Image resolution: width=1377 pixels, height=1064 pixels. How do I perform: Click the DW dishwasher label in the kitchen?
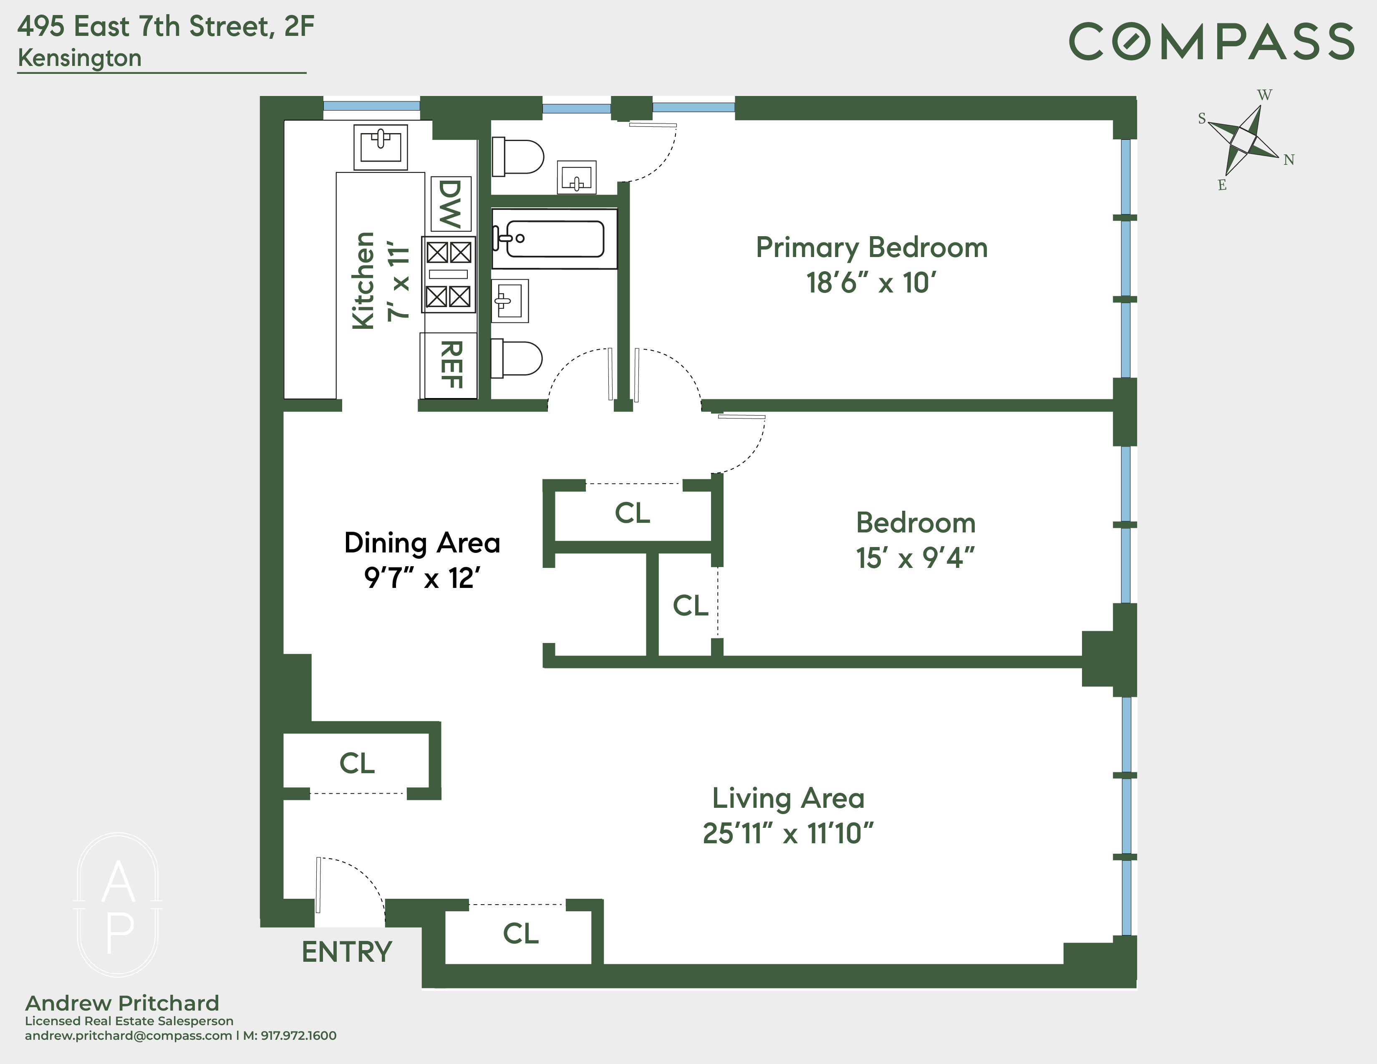450,204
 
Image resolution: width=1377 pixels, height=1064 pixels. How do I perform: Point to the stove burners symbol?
448,274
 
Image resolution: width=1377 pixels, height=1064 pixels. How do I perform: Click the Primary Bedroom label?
871,247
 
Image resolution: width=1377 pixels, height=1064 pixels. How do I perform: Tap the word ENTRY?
347,952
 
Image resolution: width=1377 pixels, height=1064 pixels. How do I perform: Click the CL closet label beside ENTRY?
521,933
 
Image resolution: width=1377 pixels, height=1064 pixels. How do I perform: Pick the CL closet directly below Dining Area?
357,763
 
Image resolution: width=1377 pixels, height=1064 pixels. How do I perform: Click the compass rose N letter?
1289,160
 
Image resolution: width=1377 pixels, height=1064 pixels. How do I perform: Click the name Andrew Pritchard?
122,1003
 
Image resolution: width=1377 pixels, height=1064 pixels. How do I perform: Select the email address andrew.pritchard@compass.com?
128,1036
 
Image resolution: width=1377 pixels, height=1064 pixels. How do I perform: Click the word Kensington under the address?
79,58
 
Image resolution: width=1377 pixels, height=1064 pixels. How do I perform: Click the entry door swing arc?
363,872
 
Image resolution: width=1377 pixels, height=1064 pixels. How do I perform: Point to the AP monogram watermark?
119,905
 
